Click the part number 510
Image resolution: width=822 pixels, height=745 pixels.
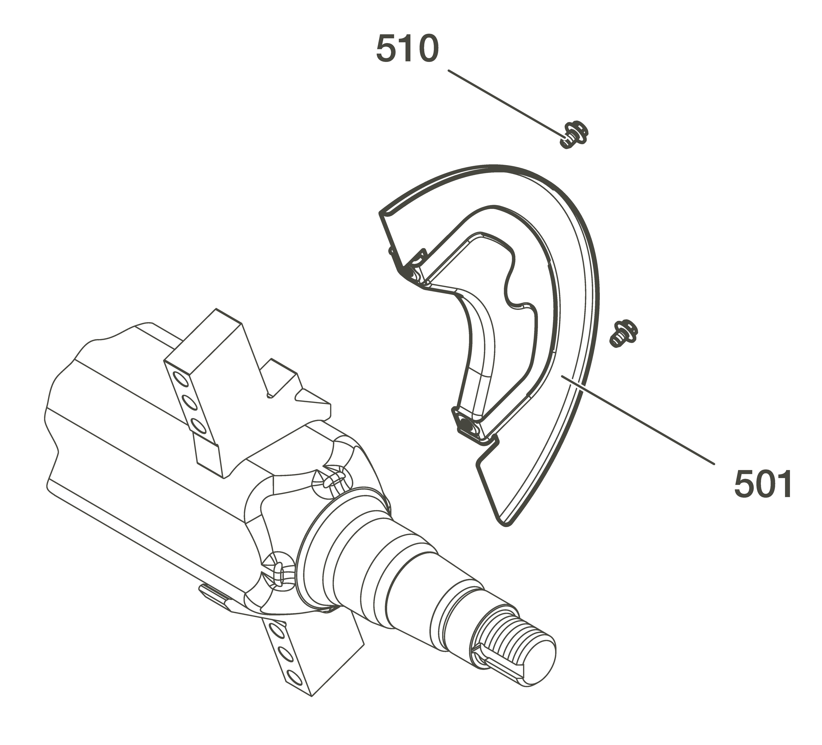point(407,49)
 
